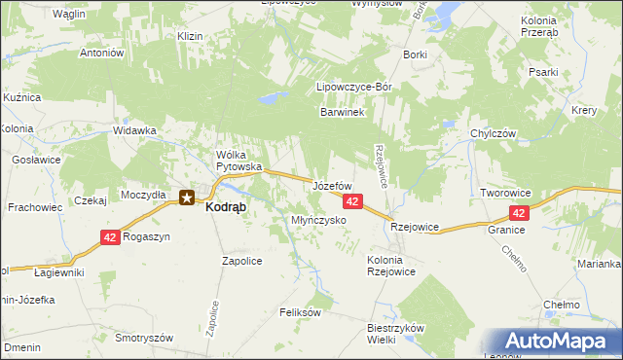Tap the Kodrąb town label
225,206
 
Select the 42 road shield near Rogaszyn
111,237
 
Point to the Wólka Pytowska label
239,161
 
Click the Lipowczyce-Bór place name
354,87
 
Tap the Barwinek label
342,113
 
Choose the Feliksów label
300,312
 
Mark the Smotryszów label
143,337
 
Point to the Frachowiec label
35,207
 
